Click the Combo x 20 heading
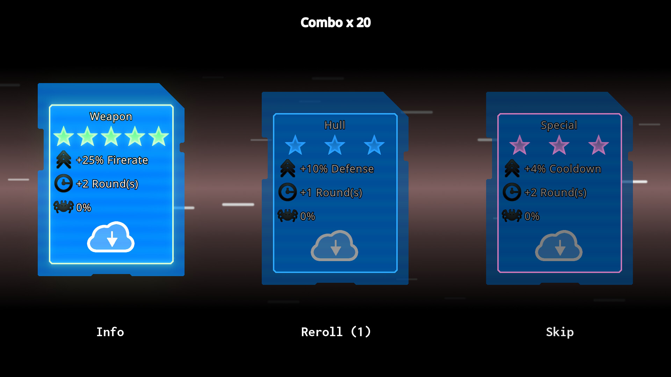click(x=335, y=23)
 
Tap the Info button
click(x=110, y=332)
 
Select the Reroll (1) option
click(x=335, y=332)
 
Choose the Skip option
click(x=560, y=332)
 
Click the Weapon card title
click(x=111, y=116)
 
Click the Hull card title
click(x=335, y=125)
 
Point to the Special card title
click(x=559, y=125)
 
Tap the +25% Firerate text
click(x=112, y=160)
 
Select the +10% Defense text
click(x=337, y=169)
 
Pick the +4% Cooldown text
click(x=563, y=169)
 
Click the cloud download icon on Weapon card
click(x=111, y=237)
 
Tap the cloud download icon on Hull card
click(x=334, y=246)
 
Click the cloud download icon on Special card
click(x=559, y=246)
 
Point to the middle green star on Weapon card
click(x=111, y=136)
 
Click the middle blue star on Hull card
click(x=335, y=145)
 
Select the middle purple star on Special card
click(x=559, y=145)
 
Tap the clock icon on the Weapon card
click(x=64, y=183)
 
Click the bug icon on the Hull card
click(x=287, y=215)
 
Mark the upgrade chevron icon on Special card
click(x=512, y=168)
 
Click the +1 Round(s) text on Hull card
click(x=331, y=192)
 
